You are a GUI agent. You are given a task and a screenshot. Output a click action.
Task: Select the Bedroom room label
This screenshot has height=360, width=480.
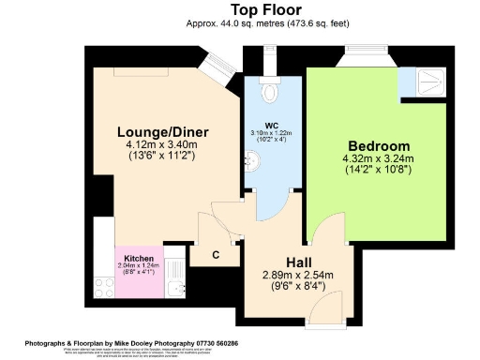pos(378,146)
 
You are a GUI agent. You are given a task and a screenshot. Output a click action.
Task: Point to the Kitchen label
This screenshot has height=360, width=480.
pos(139,257)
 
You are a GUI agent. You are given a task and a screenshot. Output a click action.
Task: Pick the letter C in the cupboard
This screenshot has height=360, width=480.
pos(216,254)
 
